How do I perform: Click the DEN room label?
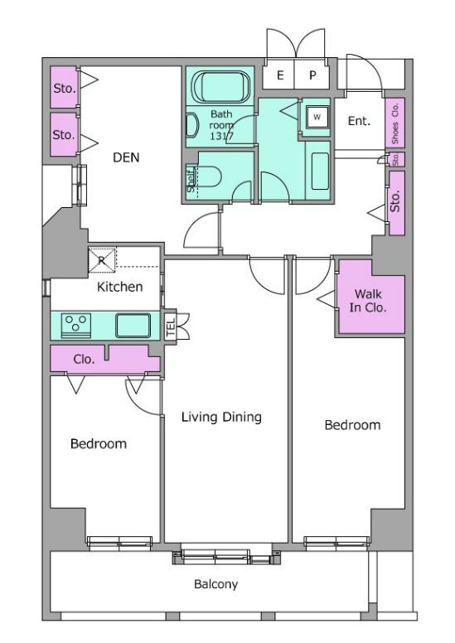point(126,157)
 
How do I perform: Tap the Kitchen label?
point(120,287)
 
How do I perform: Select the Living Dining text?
point(221,417)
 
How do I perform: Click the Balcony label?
point(215,584)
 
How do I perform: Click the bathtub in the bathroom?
point(220,87)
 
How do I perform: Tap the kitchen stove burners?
point(76,326)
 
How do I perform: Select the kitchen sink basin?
point(133,326)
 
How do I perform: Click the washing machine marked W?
point(317,117)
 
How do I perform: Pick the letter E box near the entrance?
point(279,75)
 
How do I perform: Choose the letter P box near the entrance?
point(312,75)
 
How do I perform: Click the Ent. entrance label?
point(359,121)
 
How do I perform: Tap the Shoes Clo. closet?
point(395,123)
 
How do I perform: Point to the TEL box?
point(170,326)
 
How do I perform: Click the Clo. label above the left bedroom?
point(84,360)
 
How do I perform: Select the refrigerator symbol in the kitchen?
point(102,259)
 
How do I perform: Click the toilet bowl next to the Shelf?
point(207,177)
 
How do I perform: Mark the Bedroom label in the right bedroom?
point(352,425)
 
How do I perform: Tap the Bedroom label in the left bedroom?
point(99,443)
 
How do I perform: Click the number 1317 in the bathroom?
point(221,136)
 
